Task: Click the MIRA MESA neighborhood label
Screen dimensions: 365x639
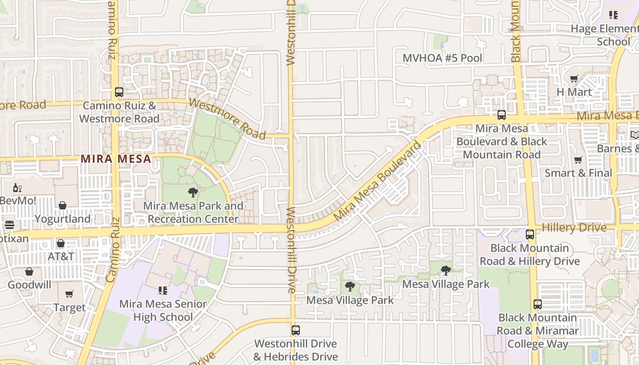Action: click(115, 159)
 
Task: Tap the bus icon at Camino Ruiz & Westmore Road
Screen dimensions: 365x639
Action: click(119, 92)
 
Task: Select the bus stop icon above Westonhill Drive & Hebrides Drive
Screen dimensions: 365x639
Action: click(296, 330)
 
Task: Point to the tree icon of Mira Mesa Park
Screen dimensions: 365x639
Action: click(193, 192)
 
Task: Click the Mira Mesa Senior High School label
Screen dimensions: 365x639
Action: click(156, 310)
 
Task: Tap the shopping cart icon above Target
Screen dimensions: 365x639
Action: click(69, 294)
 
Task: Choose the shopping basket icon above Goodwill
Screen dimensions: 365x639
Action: click(29, 271)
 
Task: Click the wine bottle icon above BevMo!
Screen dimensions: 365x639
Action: click(17, 188)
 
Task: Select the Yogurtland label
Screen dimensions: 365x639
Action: click(63, 219)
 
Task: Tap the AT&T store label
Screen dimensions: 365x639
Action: click(61, 256)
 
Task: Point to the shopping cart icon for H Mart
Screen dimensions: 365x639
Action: click(574, 78)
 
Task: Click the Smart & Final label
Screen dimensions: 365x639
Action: click(578, 173)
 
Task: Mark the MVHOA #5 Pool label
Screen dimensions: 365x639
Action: click(442, 58)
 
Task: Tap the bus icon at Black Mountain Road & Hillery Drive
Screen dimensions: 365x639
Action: click(530, 235)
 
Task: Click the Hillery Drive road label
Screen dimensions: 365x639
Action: click(574, 227)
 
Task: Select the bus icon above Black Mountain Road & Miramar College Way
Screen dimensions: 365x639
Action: click(538, 304)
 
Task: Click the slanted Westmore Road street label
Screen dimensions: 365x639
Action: click(227, 119)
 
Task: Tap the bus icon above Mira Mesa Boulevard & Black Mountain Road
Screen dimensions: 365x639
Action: click(502, 115)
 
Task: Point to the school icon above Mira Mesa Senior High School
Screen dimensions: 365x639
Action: click(163, 290)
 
